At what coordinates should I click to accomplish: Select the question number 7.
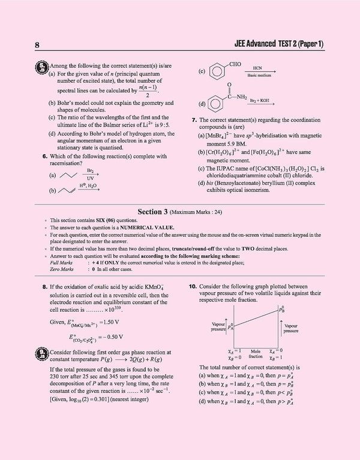(x=194, y=121)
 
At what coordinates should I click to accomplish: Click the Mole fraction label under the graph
(x=256, y=353)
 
